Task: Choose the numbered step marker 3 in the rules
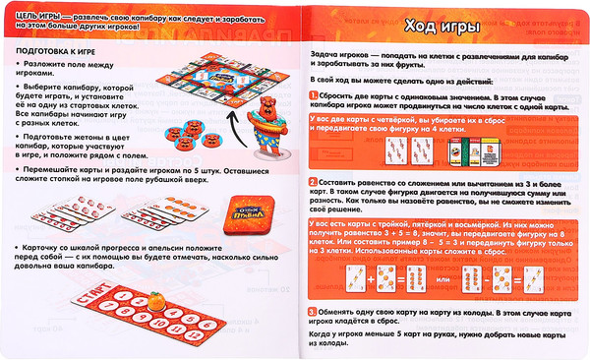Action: tap(312, 312)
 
